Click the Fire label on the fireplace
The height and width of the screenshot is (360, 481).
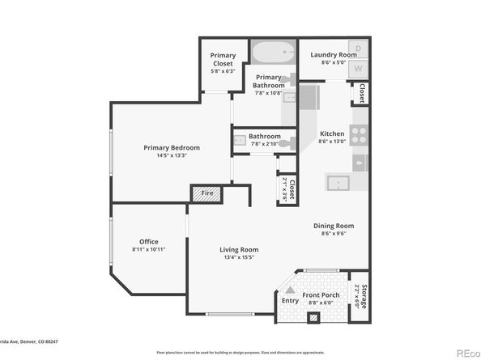pyautogui.click(x=207, y=194)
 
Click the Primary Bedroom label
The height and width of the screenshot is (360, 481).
pyautogui.click(x=172, y=148)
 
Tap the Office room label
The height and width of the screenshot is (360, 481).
pyautogui.click(x=148, y=241)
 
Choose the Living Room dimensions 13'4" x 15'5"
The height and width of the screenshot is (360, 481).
pyautogui.click(x=238, y=258)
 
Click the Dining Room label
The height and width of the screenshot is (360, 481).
pyautogui.click(x=333, y=227)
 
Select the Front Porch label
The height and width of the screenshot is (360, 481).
pyautogui.click(x=321, y=296)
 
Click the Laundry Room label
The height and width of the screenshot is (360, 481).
pyautogui.click(x=329, y=55)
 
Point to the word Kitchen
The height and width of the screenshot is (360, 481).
pyautogui.click(x=332, y=133)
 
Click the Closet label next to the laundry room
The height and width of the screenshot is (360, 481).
pyautogui.click(x=361, y=94)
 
